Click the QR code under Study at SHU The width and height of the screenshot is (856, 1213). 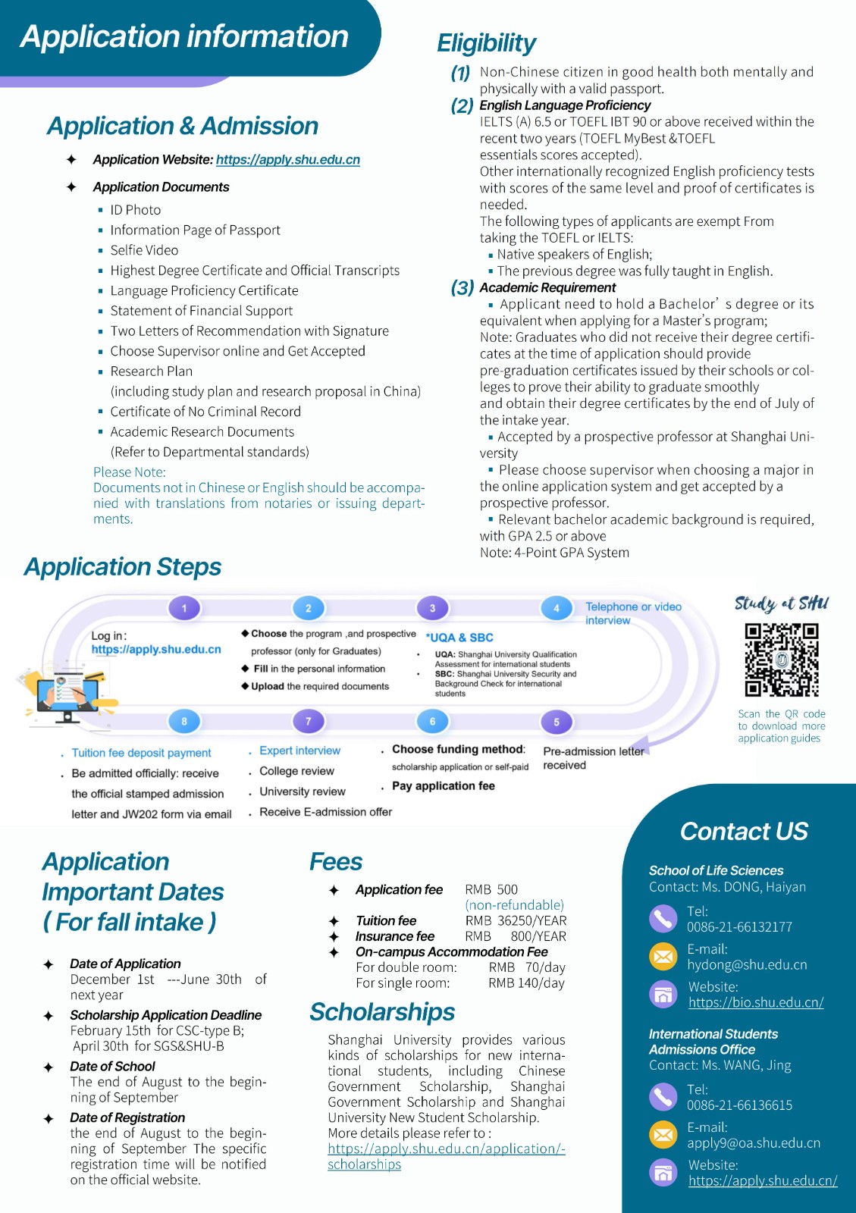[782, 660]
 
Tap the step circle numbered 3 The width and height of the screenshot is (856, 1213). [432, 608]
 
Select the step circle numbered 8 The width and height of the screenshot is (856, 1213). [184, 722]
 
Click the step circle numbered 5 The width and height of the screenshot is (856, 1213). [557, 722]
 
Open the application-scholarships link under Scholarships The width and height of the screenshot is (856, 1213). [446, 1156]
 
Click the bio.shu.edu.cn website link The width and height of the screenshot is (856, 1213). [756, 1002]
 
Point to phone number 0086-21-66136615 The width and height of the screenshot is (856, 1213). [739, 1105]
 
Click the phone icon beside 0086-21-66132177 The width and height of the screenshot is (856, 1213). [663, 918]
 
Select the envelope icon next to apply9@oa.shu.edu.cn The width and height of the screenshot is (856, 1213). [663, 1135]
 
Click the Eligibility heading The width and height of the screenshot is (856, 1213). [486, 43]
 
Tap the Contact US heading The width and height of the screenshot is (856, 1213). [744, 831]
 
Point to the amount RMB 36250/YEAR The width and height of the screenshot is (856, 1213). [516, 920]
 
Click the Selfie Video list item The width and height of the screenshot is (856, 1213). [144, 250]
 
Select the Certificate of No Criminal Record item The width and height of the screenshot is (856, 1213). [205, 412]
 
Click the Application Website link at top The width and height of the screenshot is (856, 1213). [287, 160]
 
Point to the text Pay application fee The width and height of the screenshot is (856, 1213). [443, 786]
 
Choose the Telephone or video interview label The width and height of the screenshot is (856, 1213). [633, 613]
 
